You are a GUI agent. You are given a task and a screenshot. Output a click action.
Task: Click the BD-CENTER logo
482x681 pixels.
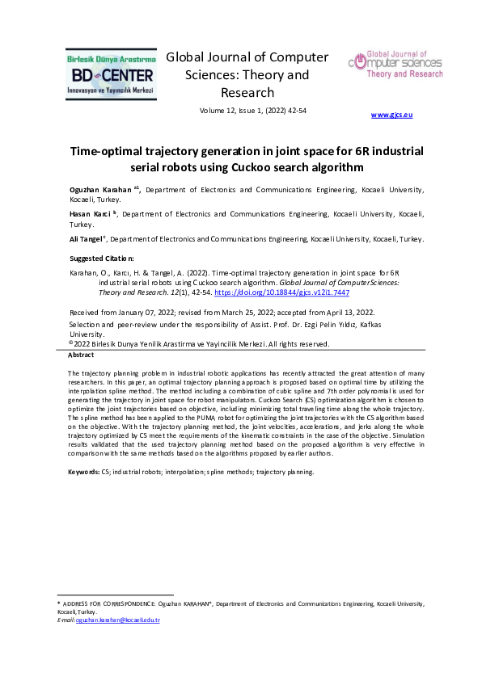110,74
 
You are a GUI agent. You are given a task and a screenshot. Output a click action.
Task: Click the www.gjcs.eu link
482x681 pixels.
391,116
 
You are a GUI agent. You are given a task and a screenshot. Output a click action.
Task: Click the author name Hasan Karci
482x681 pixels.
91,214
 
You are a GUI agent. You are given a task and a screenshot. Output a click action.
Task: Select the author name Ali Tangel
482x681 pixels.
86,240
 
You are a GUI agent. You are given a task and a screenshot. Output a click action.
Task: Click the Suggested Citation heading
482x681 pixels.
104,259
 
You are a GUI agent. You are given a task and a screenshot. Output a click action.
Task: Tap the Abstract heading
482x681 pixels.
81,355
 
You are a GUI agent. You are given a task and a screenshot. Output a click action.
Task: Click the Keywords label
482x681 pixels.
83,470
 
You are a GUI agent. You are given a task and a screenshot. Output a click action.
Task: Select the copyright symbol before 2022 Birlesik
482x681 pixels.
70,343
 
